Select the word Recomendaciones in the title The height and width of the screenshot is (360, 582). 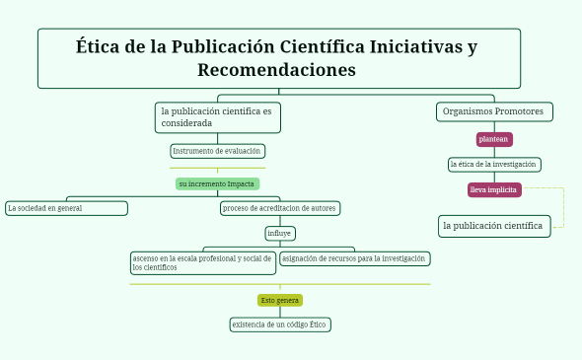pos(276,71)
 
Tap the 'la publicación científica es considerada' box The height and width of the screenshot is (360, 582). pos(218,117)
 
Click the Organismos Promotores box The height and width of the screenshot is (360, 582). pos(493,111)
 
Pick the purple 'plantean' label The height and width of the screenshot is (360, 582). pos(493,139)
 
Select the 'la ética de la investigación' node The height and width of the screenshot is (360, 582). pos(493,164)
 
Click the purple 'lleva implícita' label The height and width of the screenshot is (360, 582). pos(493,189)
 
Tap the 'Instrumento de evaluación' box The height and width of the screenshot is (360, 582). pos(217,151)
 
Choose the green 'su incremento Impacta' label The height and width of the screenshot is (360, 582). pos(217,183)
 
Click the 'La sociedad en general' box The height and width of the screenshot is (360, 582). pos(66,208)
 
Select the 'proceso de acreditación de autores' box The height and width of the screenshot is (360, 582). pos(280,208)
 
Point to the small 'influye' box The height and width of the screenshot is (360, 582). pos(279,233)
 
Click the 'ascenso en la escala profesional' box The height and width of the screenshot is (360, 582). pos(202,262)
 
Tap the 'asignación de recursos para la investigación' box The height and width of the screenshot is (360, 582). pos(354,258)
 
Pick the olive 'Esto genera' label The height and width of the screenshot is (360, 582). pos(279,300)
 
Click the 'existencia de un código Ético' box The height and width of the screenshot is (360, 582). pos(279,324)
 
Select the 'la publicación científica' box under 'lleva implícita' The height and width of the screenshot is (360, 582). pos(493,226)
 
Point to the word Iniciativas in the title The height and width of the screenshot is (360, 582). pos(424,47)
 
